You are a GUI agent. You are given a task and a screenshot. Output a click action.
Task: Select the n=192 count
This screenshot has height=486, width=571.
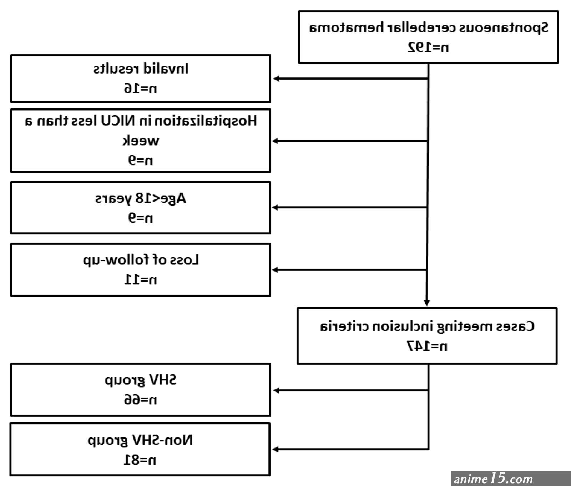click(428, 47)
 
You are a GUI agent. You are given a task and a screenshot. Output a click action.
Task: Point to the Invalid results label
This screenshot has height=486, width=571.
click(141, 68)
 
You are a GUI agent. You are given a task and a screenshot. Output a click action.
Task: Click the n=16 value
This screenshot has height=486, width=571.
click(140, 88)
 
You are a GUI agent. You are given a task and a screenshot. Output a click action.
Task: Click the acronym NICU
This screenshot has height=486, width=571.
click(118, 121)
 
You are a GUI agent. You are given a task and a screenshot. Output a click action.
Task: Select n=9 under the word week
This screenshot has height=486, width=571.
click(140, 160)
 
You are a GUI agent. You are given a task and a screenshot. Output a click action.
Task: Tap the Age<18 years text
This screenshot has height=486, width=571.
click(141, 198)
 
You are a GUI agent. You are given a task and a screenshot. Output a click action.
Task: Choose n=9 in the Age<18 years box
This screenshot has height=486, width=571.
click(140, 217)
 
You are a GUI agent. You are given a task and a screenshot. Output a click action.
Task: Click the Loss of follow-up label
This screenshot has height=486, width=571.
click(141, 260)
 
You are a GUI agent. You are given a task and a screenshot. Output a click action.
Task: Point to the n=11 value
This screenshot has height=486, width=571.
click(140, 279)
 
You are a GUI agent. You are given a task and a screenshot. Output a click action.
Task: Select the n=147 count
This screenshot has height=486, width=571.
click(427, 346)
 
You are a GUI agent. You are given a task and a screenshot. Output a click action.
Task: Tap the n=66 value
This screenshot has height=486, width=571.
click(140, 399)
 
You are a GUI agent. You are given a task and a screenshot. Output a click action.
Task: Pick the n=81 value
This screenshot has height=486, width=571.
click(140, 460)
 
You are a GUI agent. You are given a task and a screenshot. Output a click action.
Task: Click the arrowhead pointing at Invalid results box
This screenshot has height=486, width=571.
click(276, 79)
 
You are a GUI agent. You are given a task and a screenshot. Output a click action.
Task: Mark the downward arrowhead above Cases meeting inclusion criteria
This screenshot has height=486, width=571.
click(426, 303)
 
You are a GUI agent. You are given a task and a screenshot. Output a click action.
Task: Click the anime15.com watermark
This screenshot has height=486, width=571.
click(493, 479)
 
